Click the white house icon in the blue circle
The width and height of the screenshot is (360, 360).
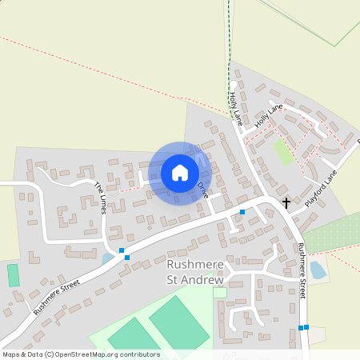coord(180,173)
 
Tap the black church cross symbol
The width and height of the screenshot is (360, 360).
coord(286,203)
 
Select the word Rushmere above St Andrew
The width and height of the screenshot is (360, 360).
coord(196,265)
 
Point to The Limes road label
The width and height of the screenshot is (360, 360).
coord(101,197)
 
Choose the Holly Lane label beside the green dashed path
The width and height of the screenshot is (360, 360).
coord(234,106)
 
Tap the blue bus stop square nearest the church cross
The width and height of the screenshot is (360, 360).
coord(242,212)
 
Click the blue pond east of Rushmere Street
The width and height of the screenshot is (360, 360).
coord(318,270)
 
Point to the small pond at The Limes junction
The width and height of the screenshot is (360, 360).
coord(108,258)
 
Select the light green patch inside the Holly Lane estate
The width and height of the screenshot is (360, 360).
coord(282,151)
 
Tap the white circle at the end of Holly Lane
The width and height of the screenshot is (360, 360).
coord(234,84)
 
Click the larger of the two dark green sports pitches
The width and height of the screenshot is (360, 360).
coord(178,320)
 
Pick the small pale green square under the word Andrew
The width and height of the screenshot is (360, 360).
coord(219,293)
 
